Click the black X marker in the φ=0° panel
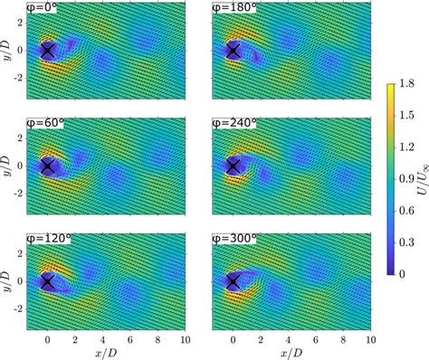[x=48, y=52]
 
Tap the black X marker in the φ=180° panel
[x=234, y=52]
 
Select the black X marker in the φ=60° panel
[x=48, y=166]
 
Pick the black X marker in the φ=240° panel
[x=234, y=166]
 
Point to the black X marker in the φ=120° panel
[x=48, y=282]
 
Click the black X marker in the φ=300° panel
[x=234, y=282]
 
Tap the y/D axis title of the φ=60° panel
[x=7, y=166]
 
